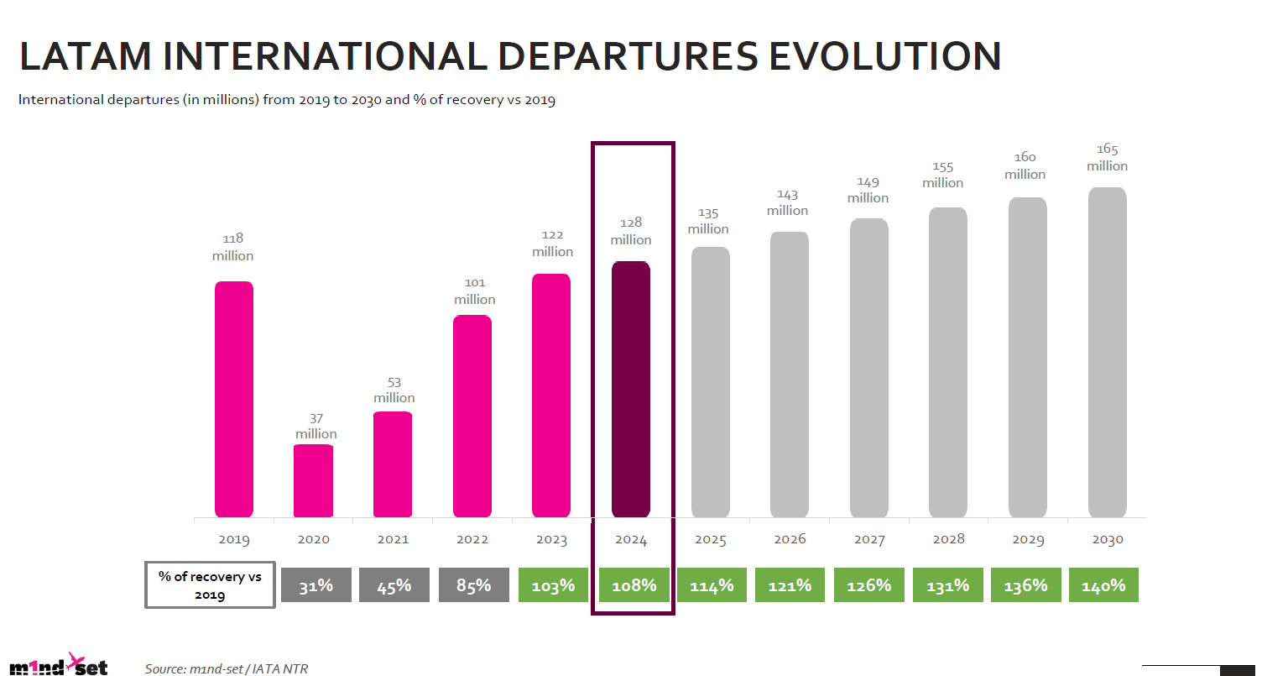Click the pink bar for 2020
(x=313, y=480)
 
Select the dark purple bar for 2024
(x=631, y=390)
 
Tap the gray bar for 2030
(x=1107, y=353)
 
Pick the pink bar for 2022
(x=472, y=416)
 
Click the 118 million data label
(x=232, y=247)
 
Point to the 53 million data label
(x=394, y=390)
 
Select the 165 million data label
(x=1107, y=157)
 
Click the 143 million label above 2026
(x=787, y=202)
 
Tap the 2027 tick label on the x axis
(x=868, y=540)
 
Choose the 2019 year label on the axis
(x=233, y=540)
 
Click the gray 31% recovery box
(x=315, y=585)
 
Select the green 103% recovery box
(x=553, y=585)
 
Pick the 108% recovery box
(x=633, y=585)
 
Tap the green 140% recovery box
(x=1103, y=585)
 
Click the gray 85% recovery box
(x=473, y=585)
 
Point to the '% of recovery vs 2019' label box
(x=210, y=584)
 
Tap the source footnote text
(x=220, y=668)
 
